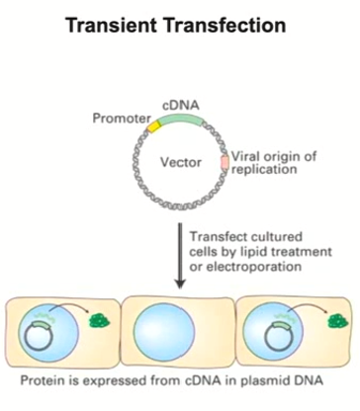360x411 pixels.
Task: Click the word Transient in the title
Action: (x=118, y=22)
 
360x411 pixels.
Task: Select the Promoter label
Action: (x=123, y=118)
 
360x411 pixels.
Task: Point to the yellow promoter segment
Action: (x=153, y=126)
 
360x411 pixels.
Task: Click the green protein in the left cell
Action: (x=100, y=319)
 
